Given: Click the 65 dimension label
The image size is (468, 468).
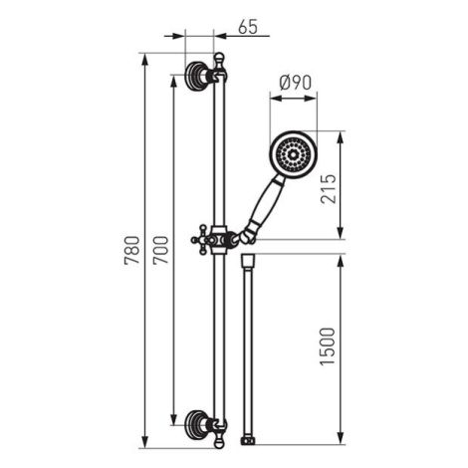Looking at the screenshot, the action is (248, 27).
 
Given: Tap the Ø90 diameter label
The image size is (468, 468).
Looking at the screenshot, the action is (296, 83).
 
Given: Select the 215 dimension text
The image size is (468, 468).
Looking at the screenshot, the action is (329, 188).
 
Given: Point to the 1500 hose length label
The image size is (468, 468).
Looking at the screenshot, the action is (328, 347).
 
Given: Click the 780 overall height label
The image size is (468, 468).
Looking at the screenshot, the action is (131, 250).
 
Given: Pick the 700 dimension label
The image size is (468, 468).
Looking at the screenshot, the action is (160, 250).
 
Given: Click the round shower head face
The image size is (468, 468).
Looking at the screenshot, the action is (294, 154).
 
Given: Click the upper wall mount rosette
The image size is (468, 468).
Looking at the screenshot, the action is (194, 76).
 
